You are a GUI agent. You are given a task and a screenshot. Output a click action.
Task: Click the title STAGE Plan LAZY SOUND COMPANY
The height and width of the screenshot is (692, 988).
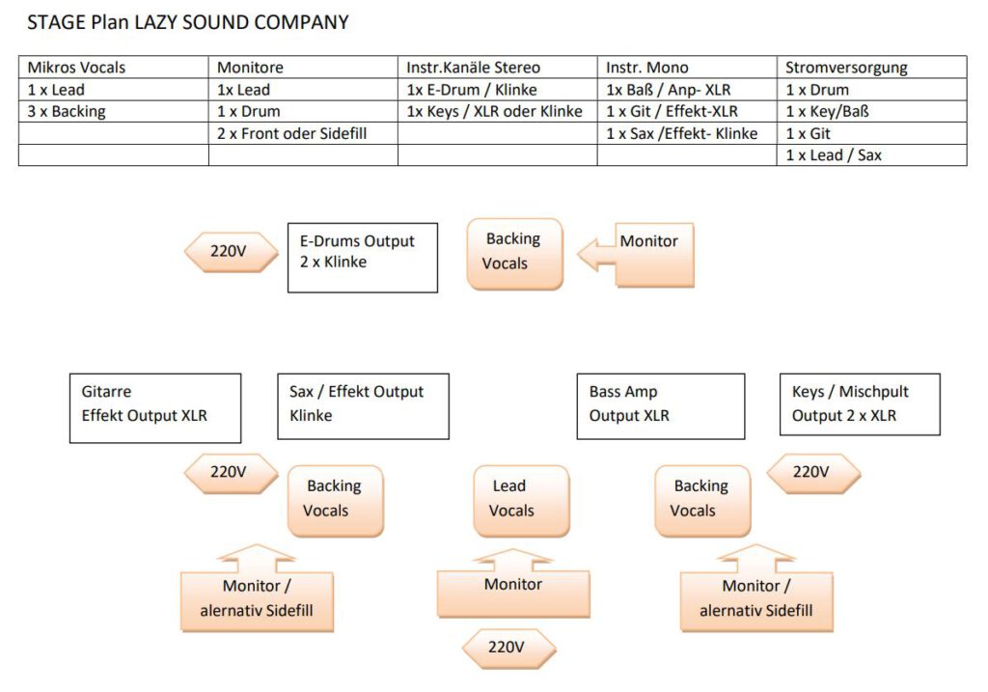pyautogui.click(x=188, y=22)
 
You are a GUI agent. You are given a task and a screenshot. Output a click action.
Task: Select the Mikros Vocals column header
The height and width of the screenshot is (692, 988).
pyautogui.click(x=77, y=68)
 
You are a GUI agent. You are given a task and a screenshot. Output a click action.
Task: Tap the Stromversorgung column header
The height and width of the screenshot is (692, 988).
pyautogui.click(x=846, y=68)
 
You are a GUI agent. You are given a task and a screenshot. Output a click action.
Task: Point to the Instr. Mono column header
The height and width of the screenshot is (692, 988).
pyautogui.click(x=647, y=68)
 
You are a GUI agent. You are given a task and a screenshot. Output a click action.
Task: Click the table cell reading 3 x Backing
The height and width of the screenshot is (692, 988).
pyautogui.click(x=67, y=111)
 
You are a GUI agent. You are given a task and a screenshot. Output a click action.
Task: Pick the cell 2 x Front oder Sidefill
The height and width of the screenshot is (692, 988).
pyautogui.click(x=292, y=133)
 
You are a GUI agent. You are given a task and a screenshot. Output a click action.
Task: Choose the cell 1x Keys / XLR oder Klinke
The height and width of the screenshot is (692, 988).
pyautogui.click(x=495, y=111)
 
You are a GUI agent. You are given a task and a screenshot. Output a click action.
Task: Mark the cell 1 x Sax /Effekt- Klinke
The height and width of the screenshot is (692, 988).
pyautogui.click(x=682, y=133)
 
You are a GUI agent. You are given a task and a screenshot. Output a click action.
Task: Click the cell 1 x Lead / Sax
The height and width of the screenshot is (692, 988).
pyautogui.click(x=834, y=154)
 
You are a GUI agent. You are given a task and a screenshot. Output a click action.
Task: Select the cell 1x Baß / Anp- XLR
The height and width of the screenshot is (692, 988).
pyautogui.click(x=669, y=90)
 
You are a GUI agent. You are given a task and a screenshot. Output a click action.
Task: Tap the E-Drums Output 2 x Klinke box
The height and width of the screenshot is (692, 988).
pyautogui.click(x=363, y=258)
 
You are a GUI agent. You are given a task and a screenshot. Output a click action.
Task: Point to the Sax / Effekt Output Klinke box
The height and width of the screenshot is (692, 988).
pyautogui.click(x=363, y=406)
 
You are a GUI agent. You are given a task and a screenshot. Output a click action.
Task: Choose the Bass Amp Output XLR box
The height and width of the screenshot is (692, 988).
pyautogui.click(x=660, y=406)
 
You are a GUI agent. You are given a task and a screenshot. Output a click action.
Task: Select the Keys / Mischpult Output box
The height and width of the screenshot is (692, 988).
pyautogui.click(x=860, y=404)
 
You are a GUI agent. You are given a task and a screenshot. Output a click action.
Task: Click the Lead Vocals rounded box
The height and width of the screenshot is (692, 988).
pyautogui.click(x=511, y=500)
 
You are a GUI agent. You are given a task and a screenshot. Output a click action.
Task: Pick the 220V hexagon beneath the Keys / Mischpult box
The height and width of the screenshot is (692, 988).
pyautogui.click(x=811, y=473)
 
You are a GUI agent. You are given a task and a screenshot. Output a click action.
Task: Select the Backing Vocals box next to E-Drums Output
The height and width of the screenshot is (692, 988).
pyautogui.click(x=514, y=253)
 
